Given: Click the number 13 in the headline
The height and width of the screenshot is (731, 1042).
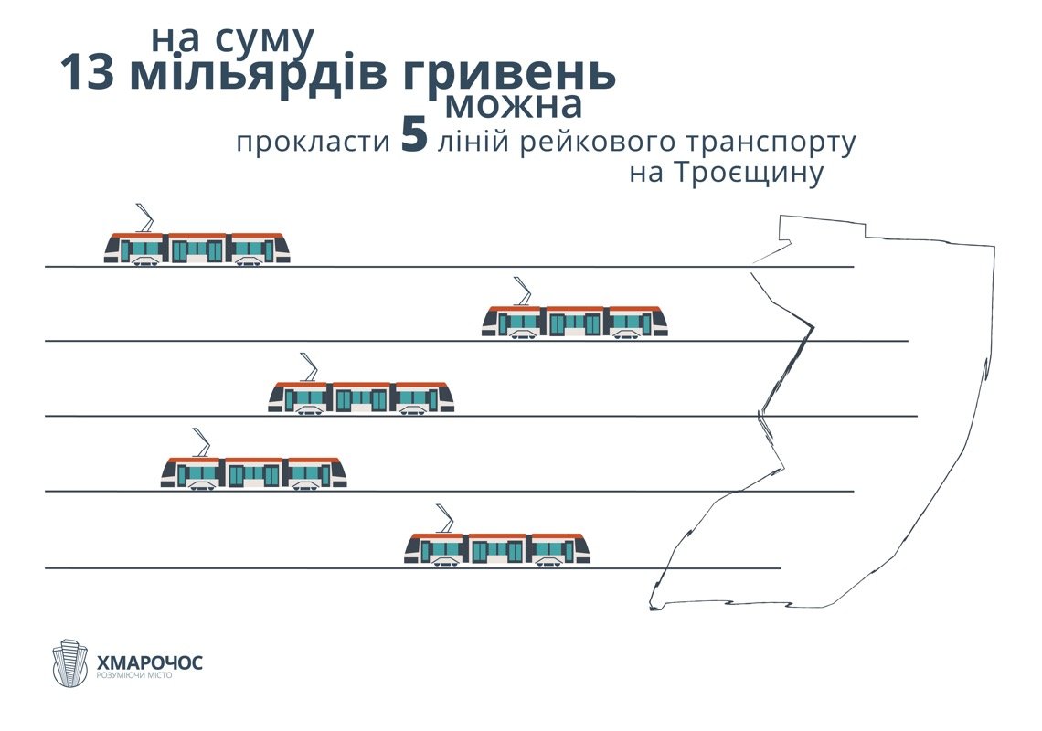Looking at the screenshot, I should point(89,73).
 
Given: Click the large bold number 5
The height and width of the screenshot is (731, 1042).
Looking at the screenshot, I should point(414,137).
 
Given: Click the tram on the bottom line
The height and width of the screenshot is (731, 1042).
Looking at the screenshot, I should point(497,547).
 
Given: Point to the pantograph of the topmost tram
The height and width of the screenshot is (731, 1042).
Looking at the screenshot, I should point(144,217).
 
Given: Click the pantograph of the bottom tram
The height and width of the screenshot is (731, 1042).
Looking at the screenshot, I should point(445,517).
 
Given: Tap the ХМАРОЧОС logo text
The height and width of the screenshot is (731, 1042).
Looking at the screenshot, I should point(149,661).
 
